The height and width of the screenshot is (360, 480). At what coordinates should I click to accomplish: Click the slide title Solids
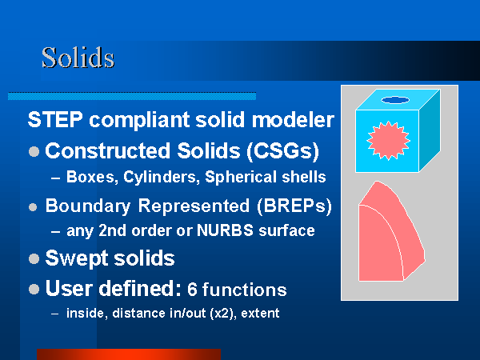(x=78, y=58)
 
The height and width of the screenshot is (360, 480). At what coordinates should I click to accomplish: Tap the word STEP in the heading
(x=55, y=119)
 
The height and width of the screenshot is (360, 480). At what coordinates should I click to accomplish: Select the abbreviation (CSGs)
(x=283, y=151)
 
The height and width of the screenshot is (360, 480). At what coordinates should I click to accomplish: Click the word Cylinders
(x=162, y=177)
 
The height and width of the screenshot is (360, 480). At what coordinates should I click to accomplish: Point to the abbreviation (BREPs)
(x=294, y=206)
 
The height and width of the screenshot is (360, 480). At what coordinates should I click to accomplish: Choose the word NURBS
(x=225, y=230)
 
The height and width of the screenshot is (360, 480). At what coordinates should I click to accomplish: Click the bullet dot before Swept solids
(x=34, y=258)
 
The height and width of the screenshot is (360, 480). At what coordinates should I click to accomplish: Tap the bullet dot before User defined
(x=34, y=289)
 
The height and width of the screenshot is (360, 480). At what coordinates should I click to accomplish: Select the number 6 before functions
(x=192, y=290)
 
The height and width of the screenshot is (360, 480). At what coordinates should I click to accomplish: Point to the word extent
(x=260, y=313)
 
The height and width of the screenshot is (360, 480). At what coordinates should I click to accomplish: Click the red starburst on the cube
(x=388, y=141)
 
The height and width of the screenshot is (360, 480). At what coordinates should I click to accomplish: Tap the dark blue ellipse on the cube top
(x=395, y=100)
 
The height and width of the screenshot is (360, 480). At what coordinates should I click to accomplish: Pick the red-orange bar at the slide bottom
(x=129, y=354)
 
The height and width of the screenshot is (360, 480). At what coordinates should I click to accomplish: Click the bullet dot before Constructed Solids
(x=34, y=151)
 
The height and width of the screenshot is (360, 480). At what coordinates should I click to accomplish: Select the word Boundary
(x=88, y=206)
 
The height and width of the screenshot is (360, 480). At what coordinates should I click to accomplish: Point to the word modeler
(x=293, y=120)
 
